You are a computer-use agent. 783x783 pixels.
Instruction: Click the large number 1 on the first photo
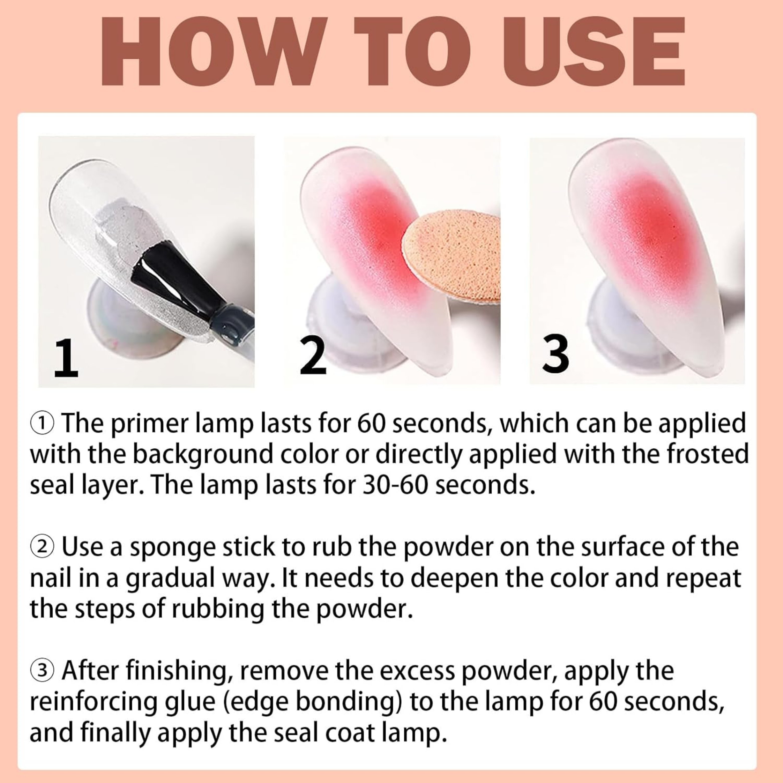pyautogui.click(x=66, y=358)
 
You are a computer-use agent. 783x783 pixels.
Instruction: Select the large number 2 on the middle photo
pyautogui.click(x=313, y=356)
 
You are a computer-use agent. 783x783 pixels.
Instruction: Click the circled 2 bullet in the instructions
pyautogui.click(x=42, y=547)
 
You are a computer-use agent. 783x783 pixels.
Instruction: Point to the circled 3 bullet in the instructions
pyautogui.click(x=42, y=671)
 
